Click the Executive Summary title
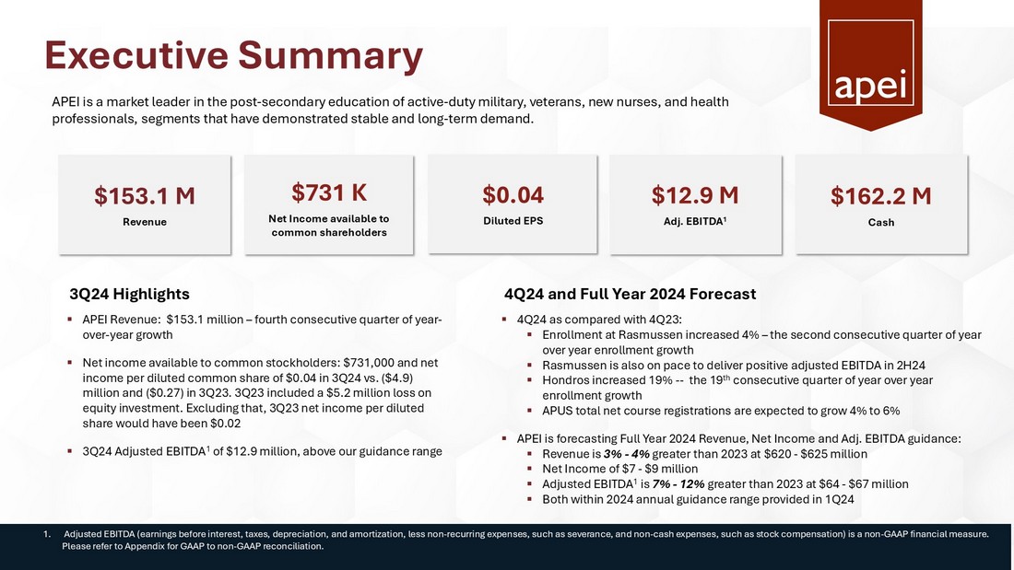[x=234, y=55]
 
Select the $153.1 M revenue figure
[x=145, y=196]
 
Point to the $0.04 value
[x=513, y=195]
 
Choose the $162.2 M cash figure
[x=880, y=196]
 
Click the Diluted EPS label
[x=513, y=221]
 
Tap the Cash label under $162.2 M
[x=880, y=222]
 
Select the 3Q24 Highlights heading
[x=129, y=294]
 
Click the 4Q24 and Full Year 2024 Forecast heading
[x=631, y=294]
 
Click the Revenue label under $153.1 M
[x=145, y=222]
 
